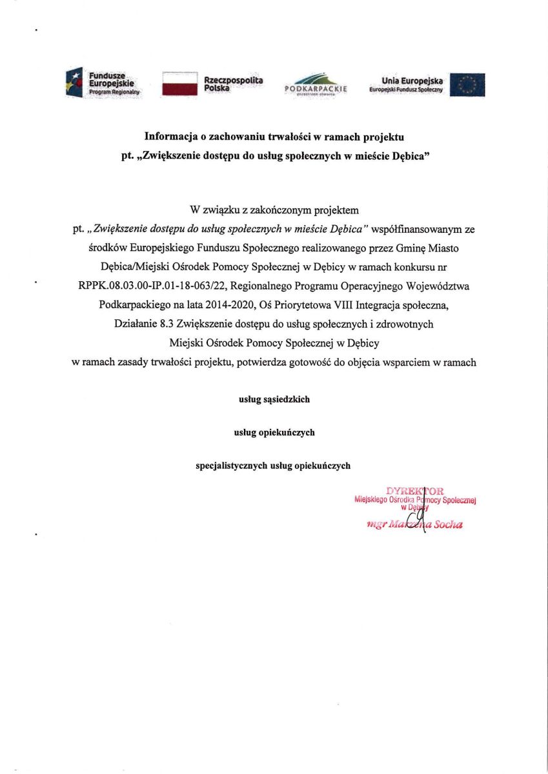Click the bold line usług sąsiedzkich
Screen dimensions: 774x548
[274, 399]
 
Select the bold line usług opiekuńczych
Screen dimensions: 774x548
[274, 432]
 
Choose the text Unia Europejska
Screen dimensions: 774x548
[412, 80]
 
